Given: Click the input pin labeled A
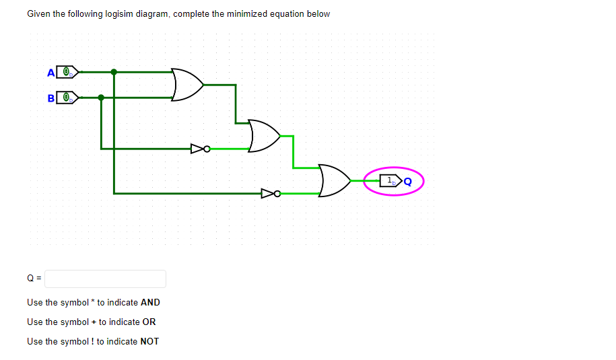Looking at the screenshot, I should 67,71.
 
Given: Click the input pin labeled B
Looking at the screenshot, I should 67,98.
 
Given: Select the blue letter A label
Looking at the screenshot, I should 51,72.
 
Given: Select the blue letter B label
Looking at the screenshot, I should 51,98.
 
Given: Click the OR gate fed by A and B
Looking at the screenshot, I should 187,85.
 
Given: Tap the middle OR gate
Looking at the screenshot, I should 264,136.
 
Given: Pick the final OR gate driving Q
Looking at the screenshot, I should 335,181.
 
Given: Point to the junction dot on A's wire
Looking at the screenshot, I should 114,71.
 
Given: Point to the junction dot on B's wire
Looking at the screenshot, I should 101,98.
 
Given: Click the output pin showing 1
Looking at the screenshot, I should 390,180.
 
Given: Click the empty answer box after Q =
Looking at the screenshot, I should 105,278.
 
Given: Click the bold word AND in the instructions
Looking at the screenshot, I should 150,303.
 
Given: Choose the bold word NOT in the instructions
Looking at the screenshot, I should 149,341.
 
